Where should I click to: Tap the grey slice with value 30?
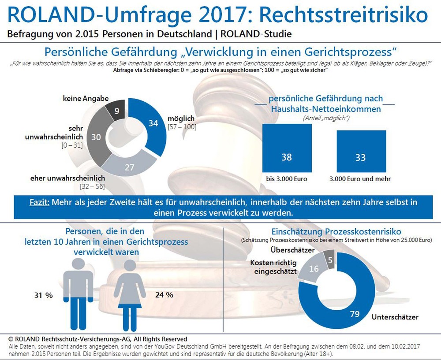tap(96, 137)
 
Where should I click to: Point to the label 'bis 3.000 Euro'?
tap(287, 179)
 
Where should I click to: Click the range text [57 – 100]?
tap(182, 127)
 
